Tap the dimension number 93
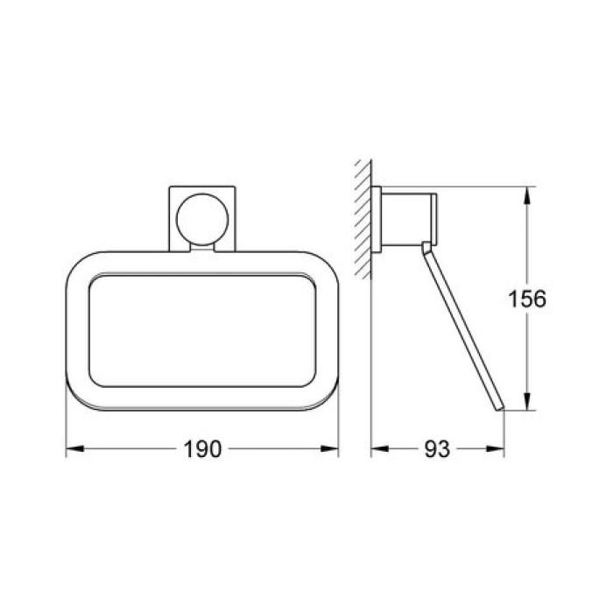tap(436, 449)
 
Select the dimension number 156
tap(528, 299)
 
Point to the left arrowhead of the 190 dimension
tap(74, 449)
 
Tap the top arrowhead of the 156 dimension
tap(525, 193)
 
